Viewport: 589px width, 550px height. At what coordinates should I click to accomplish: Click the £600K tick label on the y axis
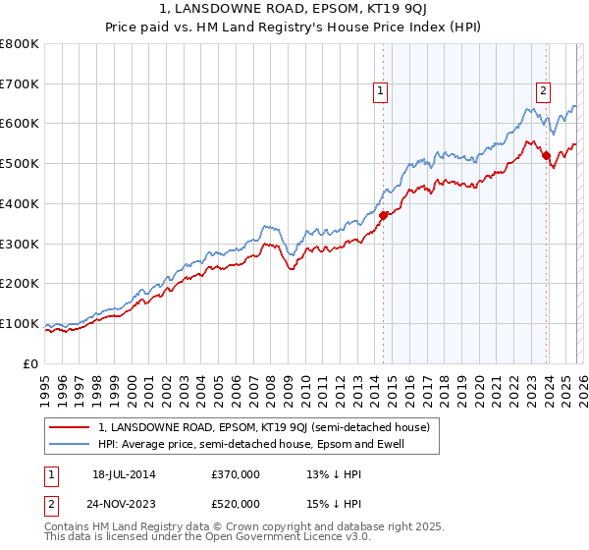[20, 124]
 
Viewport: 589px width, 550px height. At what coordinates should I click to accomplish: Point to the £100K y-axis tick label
[20, 323]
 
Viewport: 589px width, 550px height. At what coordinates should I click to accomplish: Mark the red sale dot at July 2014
[384, 216]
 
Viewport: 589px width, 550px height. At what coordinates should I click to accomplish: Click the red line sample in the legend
[71, 427]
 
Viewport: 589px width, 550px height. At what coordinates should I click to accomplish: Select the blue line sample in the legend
[71, 445]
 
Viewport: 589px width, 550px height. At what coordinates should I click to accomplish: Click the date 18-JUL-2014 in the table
[124, 474]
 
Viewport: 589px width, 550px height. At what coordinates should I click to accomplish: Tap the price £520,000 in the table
[236, 504]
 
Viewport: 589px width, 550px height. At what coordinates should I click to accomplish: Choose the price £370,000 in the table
[236, 474]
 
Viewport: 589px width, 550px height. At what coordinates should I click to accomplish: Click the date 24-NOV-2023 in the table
[125, 504]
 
